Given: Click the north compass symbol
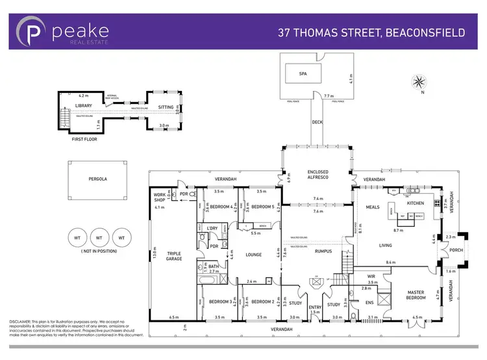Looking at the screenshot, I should click(x=419, y=83).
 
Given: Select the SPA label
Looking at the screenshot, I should click(x=302, y=73).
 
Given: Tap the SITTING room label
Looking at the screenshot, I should click(x=166, y=107).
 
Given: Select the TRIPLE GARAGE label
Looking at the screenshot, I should click(x=174, y=256).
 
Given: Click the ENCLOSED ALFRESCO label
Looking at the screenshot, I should click(x=319, y=176).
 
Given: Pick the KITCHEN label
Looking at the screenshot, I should click(x=415, y=203).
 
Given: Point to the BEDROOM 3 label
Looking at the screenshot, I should click(x=221, y=301).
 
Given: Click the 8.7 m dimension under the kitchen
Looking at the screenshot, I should click(x=398, y=231).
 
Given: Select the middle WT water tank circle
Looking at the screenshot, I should click(x=99, y=238).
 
